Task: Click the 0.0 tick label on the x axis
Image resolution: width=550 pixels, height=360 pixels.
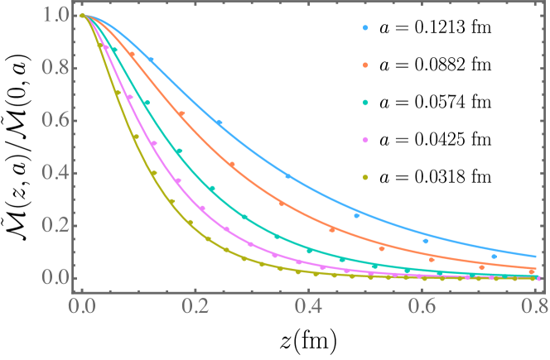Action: [x=82, y=305]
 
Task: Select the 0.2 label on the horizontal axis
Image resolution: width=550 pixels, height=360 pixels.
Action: [x=195, y=305]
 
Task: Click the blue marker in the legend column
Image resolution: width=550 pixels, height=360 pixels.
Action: [x=365, y=28]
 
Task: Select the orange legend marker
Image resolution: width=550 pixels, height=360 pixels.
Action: [x=365, y=65]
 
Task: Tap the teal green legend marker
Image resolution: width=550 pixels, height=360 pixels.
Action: [x=365, y=103]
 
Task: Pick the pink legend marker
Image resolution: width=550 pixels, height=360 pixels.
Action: [x=365, y=140]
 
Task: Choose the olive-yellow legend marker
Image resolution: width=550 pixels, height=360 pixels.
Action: [x=365, y=177]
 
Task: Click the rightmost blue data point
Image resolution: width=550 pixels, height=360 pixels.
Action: [x=495, y=257]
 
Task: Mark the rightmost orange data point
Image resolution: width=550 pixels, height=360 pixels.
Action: [x=532, y=271]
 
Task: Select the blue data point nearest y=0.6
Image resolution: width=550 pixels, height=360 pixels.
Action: [x=220, y=122]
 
